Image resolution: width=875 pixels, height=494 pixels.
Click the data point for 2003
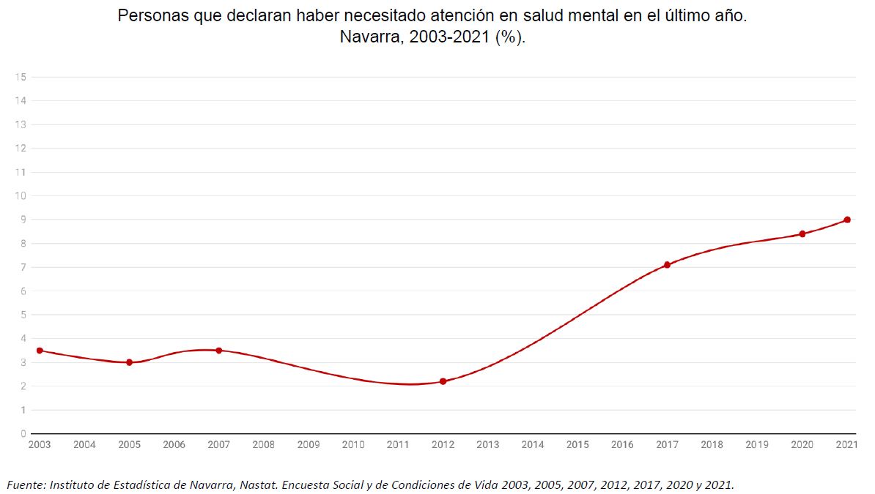(40, 351)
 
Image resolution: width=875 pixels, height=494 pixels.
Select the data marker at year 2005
(129, 362)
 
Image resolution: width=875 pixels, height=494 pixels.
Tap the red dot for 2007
(218, 351)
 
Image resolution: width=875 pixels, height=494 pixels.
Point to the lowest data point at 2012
(443, 381)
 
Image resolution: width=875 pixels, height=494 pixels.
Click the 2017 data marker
(667, 265)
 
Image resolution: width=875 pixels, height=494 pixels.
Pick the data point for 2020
(802, 234)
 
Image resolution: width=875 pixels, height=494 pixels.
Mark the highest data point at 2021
(846, 220)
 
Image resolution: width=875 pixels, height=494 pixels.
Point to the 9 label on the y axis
(23, 220)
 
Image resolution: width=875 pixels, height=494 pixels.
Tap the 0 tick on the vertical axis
(23, 433)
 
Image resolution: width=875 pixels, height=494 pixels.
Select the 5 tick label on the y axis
(23, 315)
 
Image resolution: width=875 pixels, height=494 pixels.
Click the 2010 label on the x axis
(353, 444)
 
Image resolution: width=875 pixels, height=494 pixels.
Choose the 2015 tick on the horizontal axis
(577, 444)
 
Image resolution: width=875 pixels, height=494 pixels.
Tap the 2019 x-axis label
(757, 444)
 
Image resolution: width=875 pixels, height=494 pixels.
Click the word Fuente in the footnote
(26, 484)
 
